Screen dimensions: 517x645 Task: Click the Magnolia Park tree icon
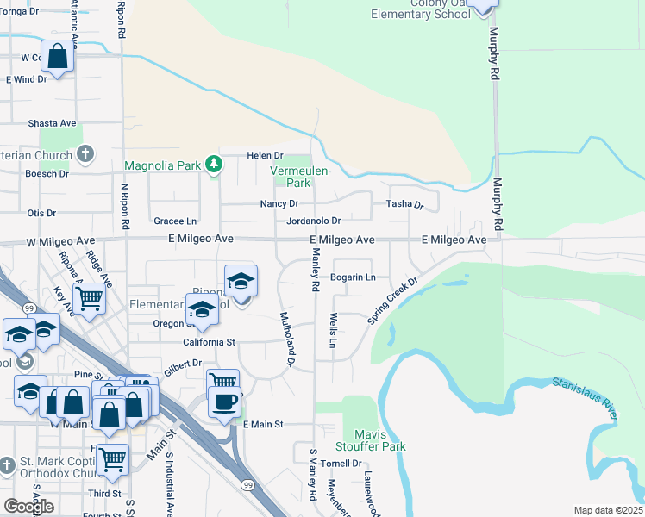pos(213,164)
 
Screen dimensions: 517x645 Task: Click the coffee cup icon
pos(224,401)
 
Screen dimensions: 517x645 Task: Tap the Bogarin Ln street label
pos(354,277)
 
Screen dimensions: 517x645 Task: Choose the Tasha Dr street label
pos(404,204)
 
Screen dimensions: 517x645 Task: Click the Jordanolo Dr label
pos(314,221)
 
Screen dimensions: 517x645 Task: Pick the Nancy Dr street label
pos(279,204)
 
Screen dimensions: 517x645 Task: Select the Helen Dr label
pos(266,155)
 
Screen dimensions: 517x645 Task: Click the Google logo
pos(28,506)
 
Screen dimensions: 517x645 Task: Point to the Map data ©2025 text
pos(607,510)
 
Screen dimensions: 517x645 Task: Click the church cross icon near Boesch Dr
pos(85,155)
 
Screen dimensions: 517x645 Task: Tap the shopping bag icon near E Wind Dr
pos(57,58)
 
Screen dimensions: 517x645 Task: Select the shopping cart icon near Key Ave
pos(90,298)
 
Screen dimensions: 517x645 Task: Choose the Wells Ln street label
pos(332,330)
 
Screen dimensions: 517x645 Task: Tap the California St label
pos(209,342)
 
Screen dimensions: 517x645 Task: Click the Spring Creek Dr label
pos(392,300)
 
